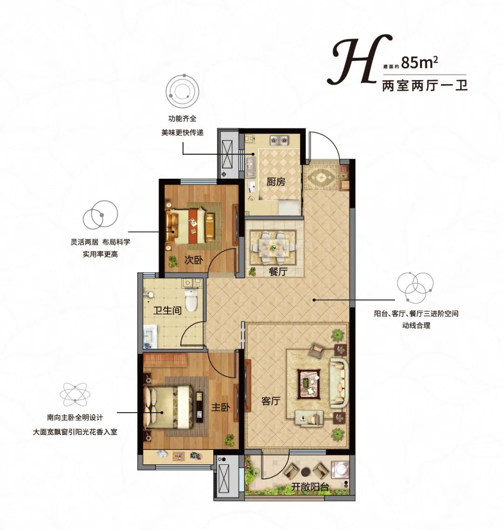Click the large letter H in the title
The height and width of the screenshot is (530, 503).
tap(350, 62)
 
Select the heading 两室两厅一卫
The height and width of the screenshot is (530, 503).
tap(424, 86)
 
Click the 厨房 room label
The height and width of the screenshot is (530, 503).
tap(276, 181)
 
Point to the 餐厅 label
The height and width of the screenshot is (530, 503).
tap(278, 272)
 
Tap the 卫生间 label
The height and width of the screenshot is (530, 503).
tap(168, 309)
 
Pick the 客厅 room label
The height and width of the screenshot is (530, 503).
tap(270, 400)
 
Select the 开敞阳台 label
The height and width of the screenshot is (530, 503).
tap(311, 487)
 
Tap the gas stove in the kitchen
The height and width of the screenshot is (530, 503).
tap(279, 140)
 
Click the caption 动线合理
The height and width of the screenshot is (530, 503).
tap(416, 326)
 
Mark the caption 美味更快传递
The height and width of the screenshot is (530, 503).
tap(183, 133)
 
